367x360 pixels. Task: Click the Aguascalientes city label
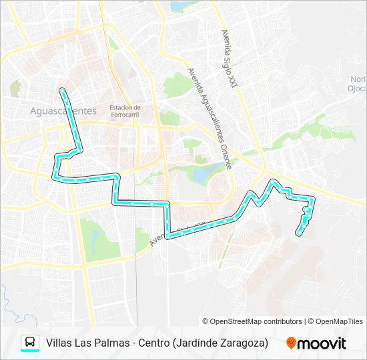pos(63,111)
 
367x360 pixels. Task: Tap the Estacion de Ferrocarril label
pos(125,111)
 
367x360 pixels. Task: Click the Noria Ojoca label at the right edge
pos(358,83)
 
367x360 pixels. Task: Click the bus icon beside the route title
pos(30,343)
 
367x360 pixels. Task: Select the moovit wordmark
pos(322,343)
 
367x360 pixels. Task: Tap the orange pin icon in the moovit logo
pos(291,343)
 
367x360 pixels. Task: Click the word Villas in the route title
pos(59,343)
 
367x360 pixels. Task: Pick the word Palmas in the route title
pos(109,343)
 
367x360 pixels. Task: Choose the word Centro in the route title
pos(153,343)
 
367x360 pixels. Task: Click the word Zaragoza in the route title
pos(243,343)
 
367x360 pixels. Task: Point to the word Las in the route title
pos(83,343)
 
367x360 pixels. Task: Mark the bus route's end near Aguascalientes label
pos(62,89)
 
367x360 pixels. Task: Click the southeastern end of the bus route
pos(298,233)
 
